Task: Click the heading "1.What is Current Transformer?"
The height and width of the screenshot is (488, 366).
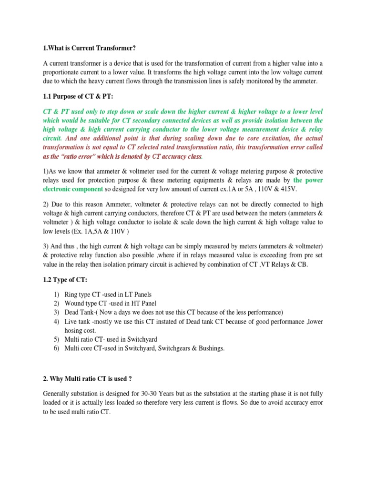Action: pyautogui.click(x=86, y=48)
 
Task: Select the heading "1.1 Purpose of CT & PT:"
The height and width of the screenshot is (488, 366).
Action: pyautogui.click(x=78, y=97)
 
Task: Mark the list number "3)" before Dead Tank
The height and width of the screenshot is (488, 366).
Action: pyautogui.click(x=56, y=312)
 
